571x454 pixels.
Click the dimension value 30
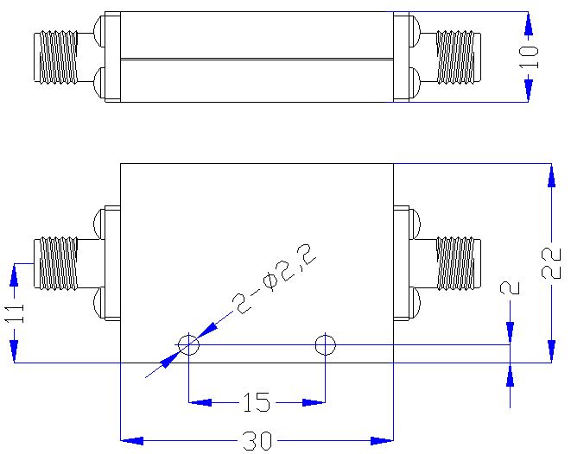(257, 441)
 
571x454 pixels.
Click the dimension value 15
(257, 402)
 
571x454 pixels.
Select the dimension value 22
(551, 263)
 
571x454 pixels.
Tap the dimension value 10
(529, 57)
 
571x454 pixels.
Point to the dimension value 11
(15, 313)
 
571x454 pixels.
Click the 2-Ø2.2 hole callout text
(274, 279)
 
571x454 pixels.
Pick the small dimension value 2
(511, 288)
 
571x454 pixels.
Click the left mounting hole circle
(188, 344)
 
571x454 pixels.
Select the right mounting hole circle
(325, 344)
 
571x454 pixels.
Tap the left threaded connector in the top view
(55, 57)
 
